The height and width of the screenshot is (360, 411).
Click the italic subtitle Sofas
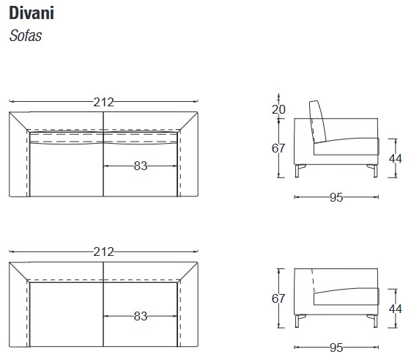(25, 36)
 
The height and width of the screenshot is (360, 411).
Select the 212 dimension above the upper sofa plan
(103, 103)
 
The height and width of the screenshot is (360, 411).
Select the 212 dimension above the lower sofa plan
(103, 251)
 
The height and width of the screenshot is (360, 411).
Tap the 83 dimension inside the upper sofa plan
(141, 166)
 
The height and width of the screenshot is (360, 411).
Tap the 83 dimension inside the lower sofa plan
(141, 316)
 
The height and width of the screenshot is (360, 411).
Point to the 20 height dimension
(278, 110)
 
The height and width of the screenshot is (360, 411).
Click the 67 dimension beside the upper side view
(278, 148)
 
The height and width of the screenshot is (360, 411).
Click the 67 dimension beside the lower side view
(278, 298)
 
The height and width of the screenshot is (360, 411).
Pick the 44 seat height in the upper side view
(396, 158)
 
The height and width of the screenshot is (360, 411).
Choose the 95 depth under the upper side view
(337, 197)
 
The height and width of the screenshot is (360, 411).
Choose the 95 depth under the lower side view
(337, 348)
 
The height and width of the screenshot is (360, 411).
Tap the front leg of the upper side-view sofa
(371, 172)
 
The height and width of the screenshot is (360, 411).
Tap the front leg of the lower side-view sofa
(371, 321)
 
